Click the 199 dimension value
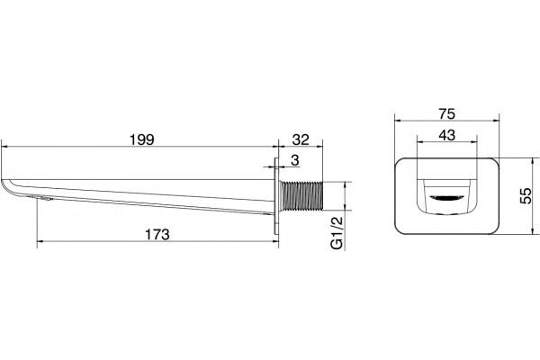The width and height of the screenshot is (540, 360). click(142, 139)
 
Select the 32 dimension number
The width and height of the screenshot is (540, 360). click(301, 139)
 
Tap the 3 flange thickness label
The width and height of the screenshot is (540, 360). click(295, 160)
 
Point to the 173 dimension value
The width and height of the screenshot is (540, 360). click(157, 235)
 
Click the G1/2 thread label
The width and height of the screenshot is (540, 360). click(337, 233)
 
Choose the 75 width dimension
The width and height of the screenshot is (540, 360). click(446, 113)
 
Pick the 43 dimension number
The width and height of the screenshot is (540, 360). click(446, 135)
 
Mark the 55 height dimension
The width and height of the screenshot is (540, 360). click(526, 196)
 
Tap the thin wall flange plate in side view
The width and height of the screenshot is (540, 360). click(276, 196)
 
